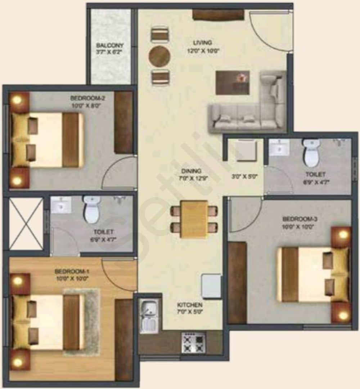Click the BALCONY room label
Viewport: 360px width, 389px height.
pyautogui.click(x=110, y=46)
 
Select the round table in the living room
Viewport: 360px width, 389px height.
pyautogui.click(x=159, y=56)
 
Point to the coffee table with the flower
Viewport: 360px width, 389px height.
pyautogui.click(x=233, y=82)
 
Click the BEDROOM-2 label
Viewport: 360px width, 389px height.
pyautogui.click(x=87, y=97)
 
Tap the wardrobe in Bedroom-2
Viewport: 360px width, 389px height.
pyautogui.click(x=123, y=122)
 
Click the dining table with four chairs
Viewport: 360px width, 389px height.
pyautogui.click(x=194, y=219)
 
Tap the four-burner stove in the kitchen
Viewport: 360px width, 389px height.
pyautogui.click(x=193, y=343)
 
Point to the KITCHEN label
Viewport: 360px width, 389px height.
pyautogui.click(x=190, y=305)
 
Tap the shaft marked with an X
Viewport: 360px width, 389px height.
pyautogui.click(x=26, y=224)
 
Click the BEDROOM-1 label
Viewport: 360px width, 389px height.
pyautogui.click(x=72, y=271)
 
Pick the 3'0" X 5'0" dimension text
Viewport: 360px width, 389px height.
pyautogui.click(x=244, y=177)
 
